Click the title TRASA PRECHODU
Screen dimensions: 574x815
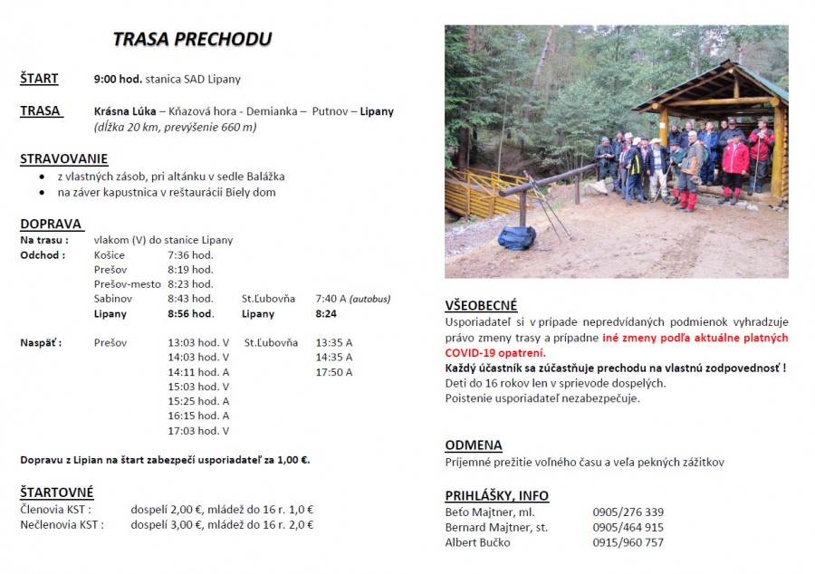click(192, 40)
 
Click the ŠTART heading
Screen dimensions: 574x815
click(39, 79)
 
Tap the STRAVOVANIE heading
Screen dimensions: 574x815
click(63, 159)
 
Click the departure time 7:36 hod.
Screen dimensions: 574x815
click(190, 255)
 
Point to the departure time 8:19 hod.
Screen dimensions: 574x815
click(190, 270)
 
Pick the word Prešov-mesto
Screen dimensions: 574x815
click(128, 284)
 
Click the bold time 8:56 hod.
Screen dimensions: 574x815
click(191, 314)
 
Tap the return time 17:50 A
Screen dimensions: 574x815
click(333, 372)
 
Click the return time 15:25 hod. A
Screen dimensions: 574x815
click(198, 401)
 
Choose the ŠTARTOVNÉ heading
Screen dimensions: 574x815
click(57, 493)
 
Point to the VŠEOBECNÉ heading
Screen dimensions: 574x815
click(481, 306)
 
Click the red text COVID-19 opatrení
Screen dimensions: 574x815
click(495, 352)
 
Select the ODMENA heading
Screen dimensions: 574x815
click(473, 445)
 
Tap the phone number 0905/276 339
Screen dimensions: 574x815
click(628, 512)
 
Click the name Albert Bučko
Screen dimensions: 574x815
click(477, 542)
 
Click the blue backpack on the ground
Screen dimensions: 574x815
click(517, 238)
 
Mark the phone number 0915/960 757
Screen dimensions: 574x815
click(628, 542)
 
